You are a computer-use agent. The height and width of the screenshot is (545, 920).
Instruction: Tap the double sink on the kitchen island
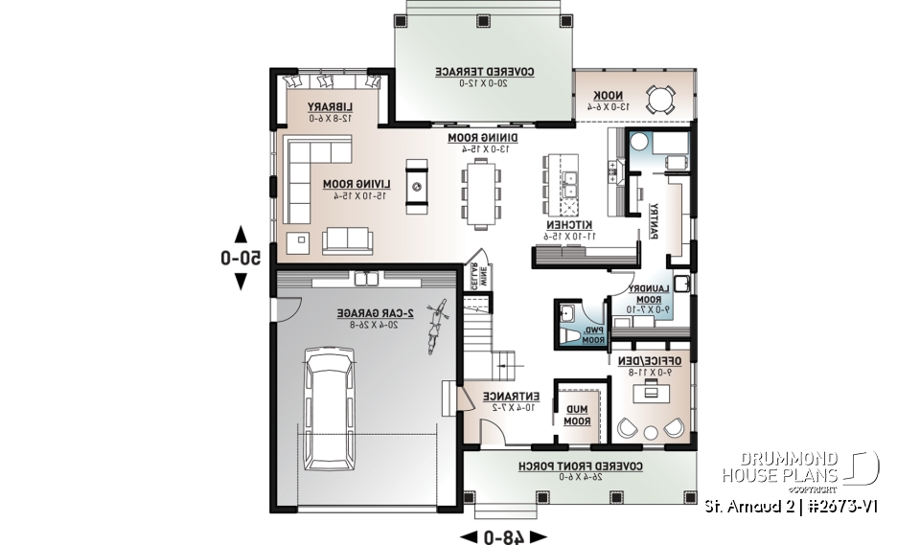point(569,178)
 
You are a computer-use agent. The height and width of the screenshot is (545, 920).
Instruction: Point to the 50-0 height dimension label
point(241,257)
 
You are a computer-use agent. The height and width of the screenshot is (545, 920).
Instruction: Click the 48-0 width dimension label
point(503,535)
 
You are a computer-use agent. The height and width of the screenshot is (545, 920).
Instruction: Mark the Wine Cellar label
point(471,275)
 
